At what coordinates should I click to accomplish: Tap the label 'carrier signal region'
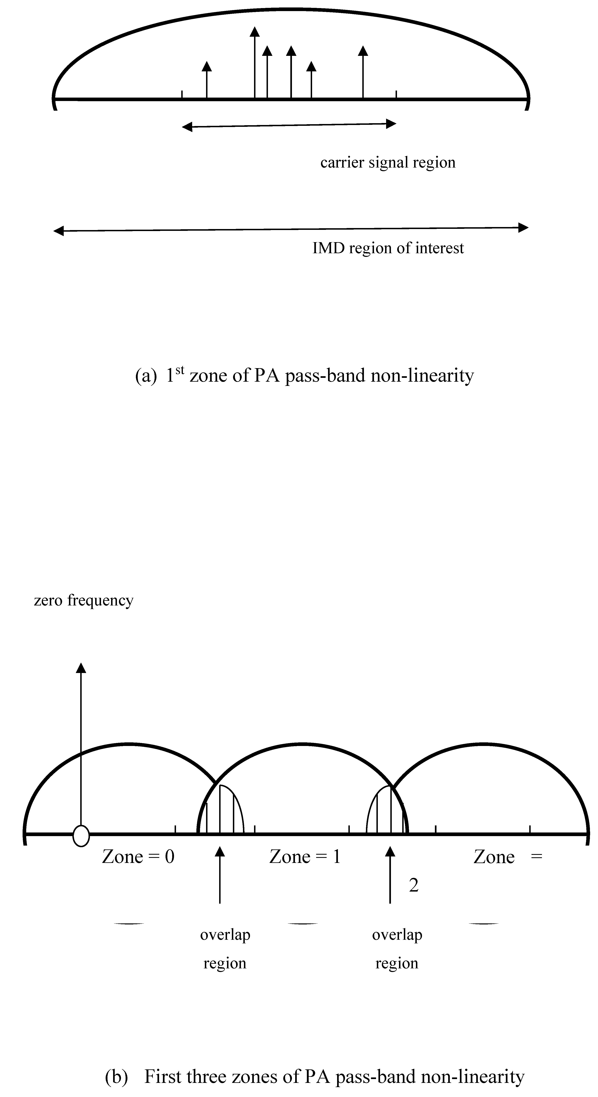388,162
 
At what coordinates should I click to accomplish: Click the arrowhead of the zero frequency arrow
81,668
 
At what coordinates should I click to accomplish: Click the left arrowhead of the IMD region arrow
58,231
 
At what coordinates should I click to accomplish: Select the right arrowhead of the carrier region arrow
391,124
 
